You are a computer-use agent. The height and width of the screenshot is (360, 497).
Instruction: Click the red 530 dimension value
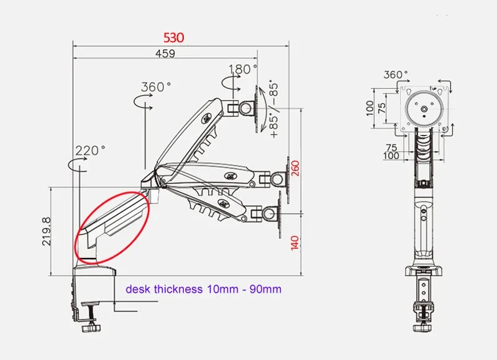coord(174,38)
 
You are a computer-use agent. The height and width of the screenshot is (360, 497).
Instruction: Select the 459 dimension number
coord(165,53)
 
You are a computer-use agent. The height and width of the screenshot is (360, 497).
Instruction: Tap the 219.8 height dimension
coord(46,231)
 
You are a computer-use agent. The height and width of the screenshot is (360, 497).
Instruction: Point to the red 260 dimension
coord(295,168)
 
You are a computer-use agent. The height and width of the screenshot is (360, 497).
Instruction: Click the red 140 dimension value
coord(294,242)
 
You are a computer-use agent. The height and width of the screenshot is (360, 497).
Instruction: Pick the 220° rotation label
coord(90,150)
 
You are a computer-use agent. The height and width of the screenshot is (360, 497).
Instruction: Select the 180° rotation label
coord(243,69)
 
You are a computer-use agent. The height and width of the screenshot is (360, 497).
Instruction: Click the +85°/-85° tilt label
coord(274,110)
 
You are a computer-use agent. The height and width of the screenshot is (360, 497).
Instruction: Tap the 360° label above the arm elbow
coord(156,86)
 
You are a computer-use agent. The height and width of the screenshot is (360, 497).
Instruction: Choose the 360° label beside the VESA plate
coord(396,75)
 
